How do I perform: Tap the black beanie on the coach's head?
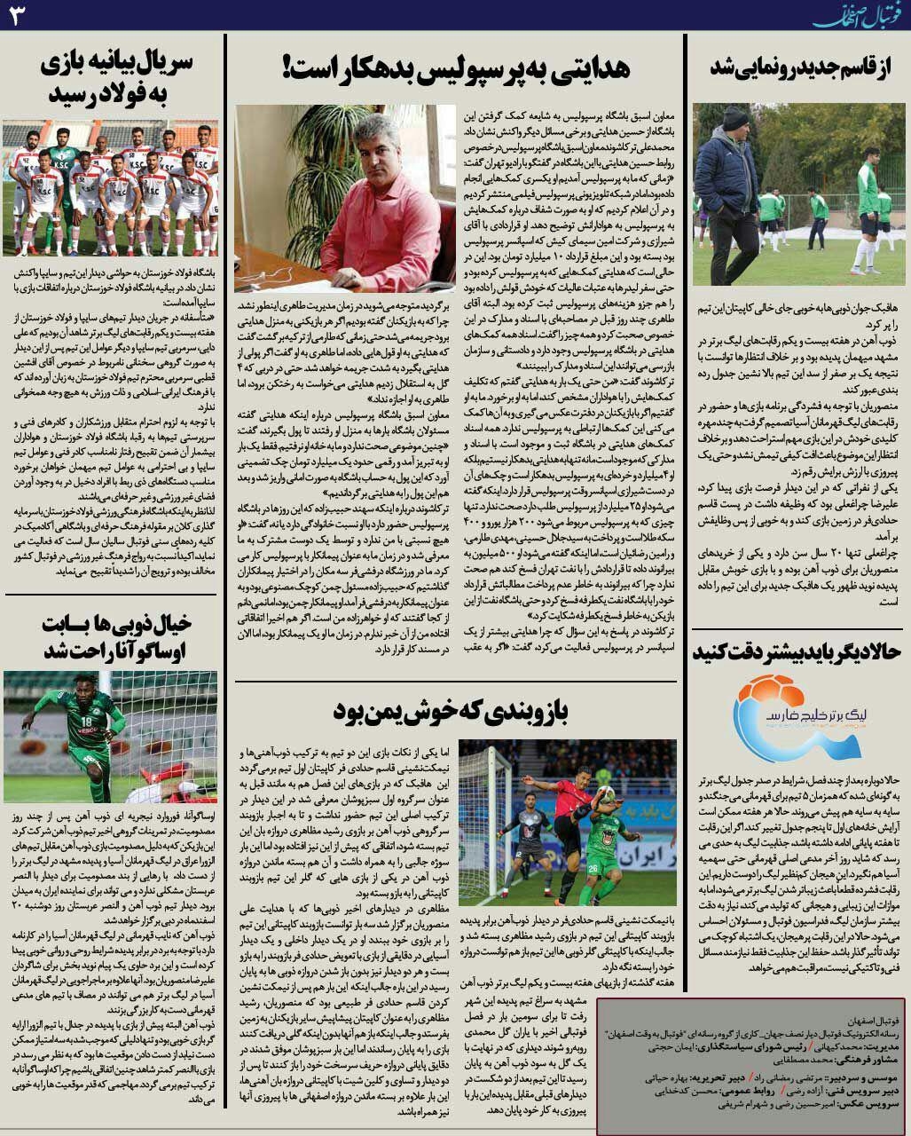click(x=734, y=118)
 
